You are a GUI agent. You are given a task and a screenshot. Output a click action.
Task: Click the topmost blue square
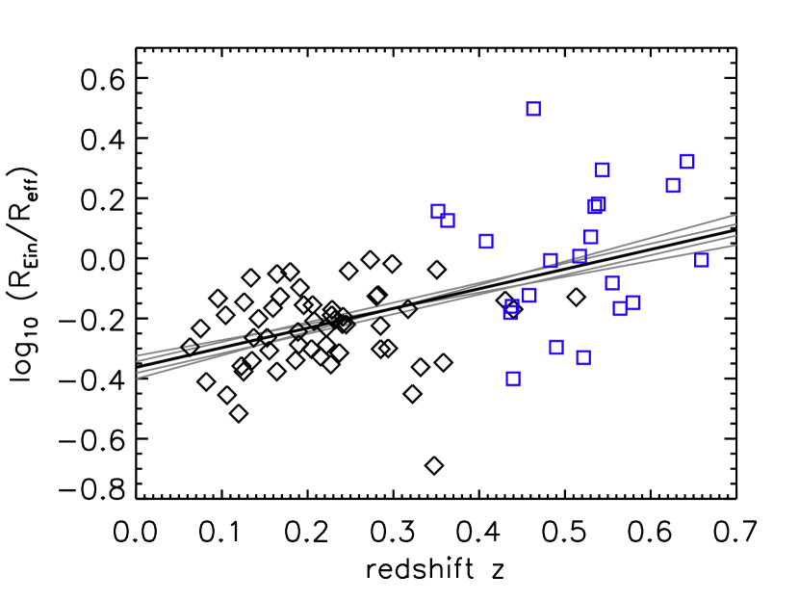533,109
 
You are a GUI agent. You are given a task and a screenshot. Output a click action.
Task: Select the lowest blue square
513,379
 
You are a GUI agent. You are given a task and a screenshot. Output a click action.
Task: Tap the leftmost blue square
438,211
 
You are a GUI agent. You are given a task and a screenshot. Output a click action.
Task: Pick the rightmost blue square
702,259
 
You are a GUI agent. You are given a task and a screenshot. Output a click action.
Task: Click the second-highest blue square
687,161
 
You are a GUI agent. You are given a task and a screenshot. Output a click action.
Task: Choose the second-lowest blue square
583,357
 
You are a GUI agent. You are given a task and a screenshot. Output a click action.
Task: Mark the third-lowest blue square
556,347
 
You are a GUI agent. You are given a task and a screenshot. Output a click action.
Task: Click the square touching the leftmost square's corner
448,221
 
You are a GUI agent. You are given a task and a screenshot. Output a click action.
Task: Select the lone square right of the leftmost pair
486,241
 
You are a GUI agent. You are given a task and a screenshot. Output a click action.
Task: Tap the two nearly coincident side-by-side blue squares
597,205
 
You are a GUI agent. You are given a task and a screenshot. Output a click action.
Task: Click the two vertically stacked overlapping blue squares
511,309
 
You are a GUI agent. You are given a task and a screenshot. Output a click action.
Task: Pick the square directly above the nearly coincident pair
603,170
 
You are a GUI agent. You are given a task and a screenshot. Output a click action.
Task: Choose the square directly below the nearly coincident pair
591,237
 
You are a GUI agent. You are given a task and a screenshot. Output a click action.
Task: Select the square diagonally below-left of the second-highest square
673,185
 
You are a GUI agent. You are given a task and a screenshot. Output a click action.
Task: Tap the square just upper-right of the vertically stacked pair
529,295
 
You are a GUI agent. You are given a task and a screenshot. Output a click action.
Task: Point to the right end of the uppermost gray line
736,215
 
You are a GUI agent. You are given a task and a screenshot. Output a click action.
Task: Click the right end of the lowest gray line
736,246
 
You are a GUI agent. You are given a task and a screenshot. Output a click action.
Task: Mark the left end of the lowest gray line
137,379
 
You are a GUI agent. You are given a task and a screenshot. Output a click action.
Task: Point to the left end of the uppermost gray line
137,355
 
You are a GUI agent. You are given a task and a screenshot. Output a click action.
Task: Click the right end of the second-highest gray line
736,224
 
